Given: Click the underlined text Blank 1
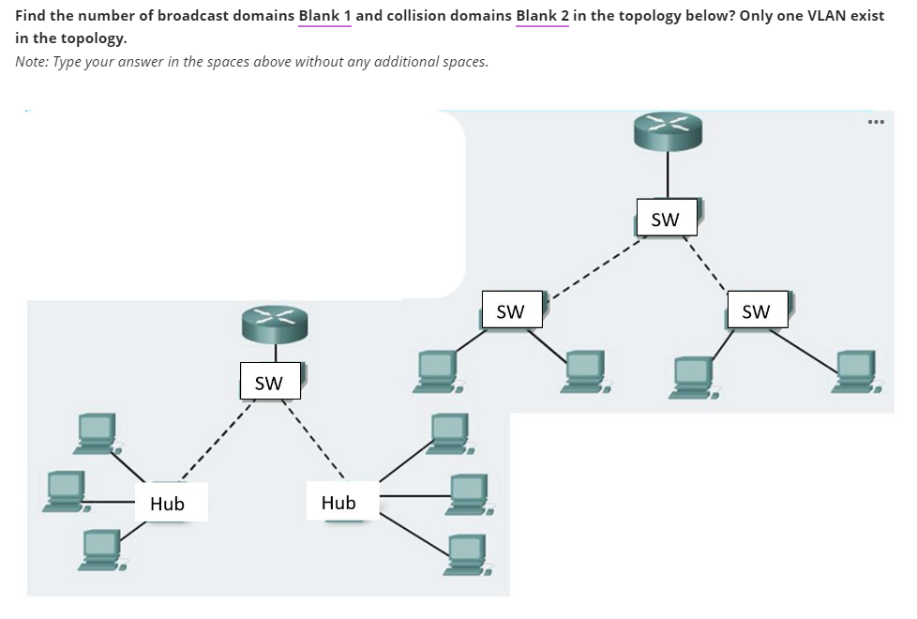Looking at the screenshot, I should click(x=323, y=17).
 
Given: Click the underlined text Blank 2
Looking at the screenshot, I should click(x=542, y=17).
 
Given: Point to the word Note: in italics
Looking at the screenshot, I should click(x=34, y=61).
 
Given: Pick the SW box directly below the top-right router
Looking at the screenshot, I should click(x=665, y=220).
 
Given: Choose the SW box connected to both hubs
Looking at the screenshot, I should click(x=268, y=383).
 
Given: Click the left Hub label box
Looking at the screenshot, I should click(x=168, y=504).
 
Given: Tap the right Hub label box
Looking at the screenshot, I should click(x=338, y=503).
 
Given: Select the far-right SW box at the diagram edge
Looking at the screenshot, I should click(x=756, y=311).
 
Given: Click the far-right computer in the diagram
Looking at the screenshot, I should click(x=856, y=370).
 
